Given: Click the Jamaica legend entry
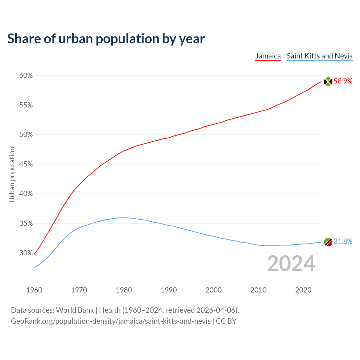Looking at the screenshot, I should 268,56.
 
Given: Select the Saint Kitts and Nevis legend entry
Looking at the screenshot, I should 319,56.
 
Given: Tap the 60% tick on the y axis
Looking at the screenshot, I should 26,75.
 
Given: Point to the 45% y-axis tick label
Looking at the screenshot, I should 26,164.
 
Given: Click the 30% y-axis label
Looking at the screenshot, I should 26,253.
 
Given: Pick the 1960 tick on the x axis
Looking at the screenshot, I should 34,290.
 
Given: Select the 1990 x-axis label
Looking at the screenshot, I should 169,290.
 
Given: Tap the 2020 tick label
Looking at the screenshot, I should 303,290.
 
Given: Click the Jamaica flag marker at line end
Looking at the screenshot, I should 328,82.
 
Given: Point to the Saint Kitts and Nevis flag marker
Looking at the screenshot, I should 328,242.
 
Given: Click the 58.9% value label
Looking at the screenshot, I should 343,81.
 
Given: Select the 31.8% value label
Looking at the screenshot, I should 343,242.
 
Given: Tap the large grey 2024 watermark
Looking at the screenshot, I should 291,264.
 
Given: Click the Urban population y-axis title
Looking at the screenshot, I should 12,174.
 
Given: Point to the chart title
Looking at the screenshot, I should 106,39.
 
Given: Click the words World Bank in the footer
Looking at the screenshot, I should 75,310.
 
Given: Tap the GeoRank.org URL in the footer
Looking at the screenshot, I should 111,321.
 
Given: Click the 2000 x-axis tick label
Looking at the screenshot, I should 213,290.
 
